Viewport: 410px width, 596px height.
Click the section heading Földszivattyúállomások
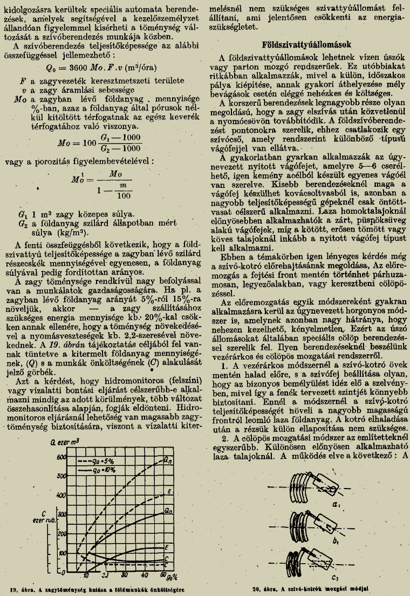coord(307,44)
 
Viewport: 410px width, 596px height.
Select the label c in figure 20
coord(335,576)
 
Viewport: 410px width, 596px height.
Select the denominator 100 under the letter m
coord(125,196)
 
